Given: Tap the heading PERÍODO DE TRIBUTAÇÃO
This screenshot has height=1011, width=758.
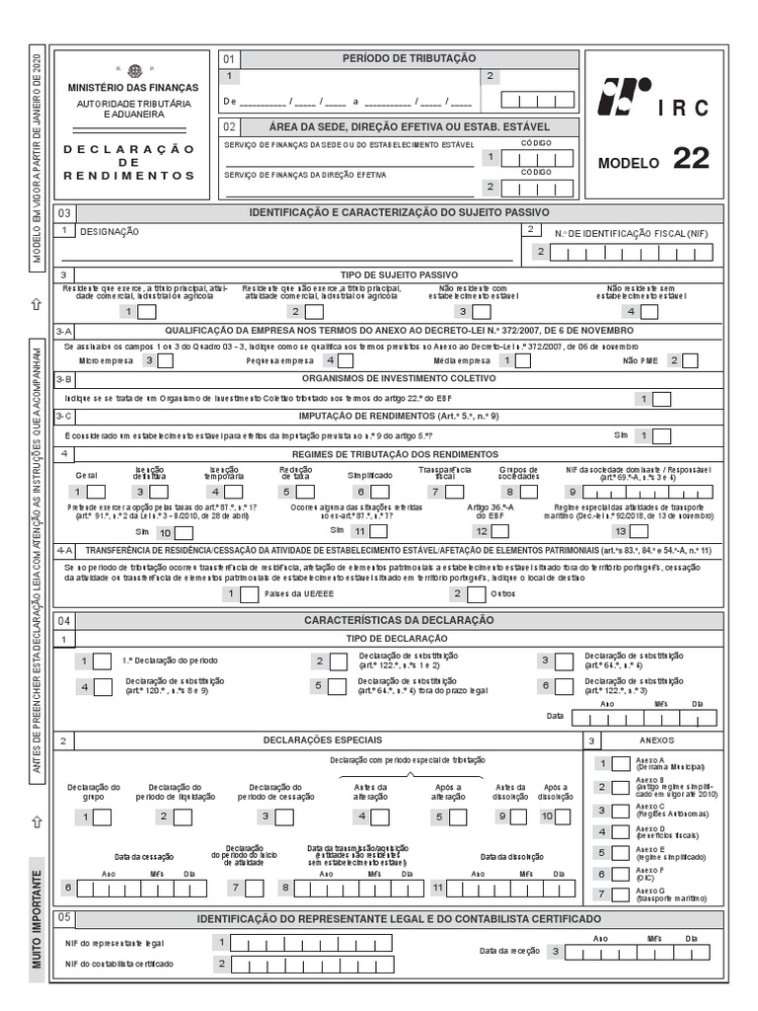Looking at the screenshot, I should coord(408,59).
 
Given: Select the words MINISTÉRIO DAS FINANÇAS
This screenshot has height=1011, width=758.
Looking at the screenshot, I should coord(133,88).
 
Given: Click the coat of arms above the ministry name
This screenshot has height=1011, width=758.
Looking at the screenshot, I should coord(133,70).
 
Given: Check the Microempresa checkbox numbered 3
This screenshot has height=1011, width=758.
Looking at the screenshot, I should coord(167,361).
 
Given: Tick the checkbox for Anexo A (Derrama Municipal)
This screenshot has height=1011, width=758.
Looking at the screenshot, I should coord(620,763).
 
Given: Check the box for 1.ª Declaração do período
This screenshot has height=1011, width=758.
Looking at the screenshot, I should coord(103,661).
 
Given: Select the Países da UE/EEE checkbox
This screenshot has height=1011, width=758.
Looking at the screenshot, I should coord(250,594).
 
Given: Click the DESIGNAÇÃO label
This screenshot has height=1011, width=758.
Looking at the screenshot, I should coord(110,232).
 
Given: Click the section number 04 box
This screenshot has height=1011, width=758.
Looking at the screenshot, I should coord(64,620).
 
